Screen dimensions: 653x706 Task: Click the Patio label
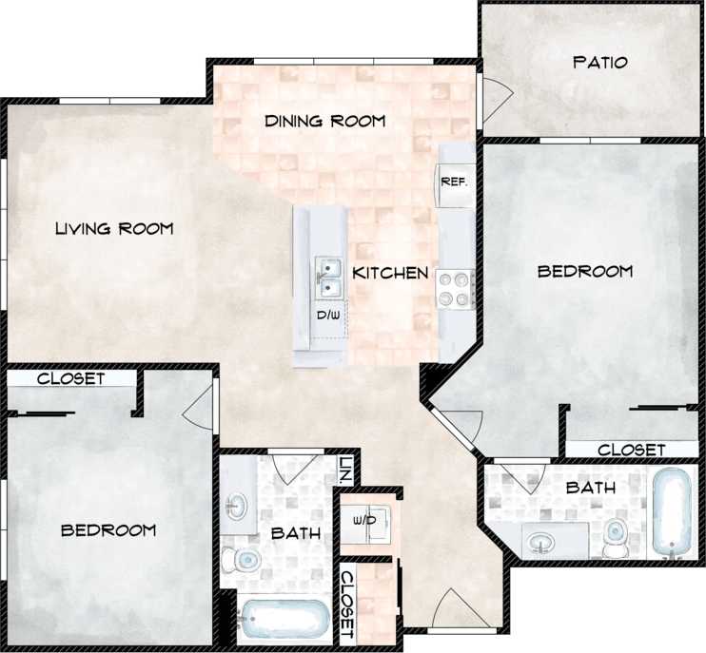(x=600, y=63)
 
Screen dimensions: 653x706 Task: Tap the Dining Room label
(x=324, y=121)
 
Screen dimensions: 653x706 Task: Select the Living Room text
(x=113, y=228)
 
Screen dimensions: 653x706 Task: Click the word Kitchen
(x=390, y=274)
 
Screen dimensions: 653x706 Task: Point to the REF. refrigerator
(x=452, y=180)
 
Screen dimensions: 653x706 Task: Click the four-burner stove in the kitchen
(x=456, y=289)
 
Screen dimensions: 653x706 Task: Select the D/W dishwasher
(x=327, y=315)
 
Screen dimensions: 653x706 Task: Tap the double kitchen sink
(x=328, y=276)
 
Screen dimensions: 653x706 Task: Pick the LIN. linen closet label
(x=344, y=469)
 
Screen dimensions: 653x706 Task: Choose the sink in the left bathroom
(x=236, y=505)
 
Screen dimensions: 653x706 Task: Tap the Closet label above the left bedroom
(x=70, y=378)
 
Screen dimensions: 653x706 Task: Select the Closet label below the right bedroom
(x=631, y=449)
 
